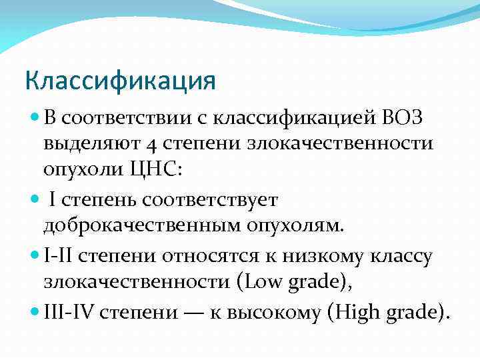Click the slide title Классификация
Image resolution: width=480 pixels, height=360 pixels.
coord(121,81)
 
